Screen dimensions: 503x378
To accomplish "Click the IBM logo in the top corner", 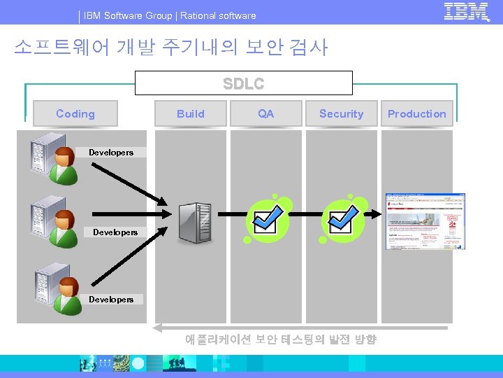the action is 466,12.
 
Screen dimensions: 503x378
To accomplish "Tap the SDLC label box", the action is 243,83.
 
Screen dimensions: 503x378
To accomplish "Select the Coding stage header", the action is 75,113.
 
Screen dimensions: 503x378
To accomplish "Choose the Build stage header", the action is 191,113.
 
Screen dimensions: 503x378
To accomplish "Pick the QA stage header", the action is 266,113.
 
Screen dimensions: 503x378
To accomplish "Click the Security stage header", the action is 341,113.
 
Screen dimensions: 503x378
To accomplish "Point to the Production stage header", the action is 416,113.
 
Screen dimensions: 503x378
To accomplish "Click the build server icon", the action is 194,223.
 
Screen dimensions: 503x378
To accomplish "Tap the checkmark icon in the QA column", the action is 267,218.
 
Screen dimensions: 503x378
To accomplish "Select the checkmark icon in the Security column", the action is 342,218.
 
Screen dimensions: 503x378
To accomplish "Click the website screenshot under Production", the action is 425,221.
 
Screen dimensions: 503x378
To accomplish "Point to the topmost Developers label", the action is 111,152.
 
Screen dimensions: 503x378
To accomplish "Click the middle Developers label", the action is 115,232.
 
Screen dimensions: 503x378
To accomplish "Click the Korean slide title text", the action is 170,47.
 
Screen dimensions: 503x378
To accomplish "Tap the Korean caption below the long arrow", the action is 280,339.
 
